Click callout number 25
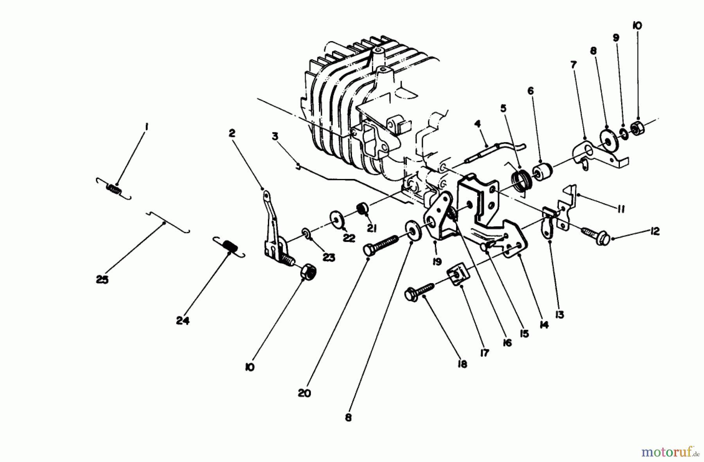(102, 280)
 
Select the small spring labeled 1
(114, 188)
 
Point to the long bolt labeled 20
(381, 245)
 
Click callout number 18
(462, 364)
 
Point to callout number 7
(574, 65)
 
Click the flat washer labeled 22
(337, 220)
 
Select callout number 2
(232, 134)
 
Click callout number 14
(544, 325)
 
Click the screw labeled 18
(420, 291)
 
